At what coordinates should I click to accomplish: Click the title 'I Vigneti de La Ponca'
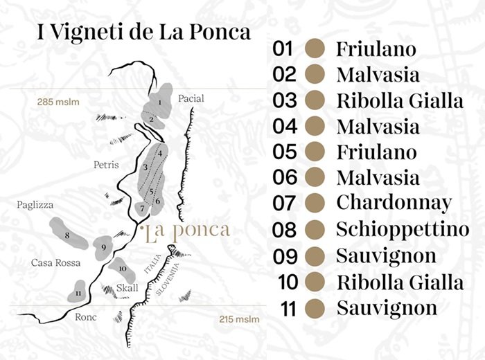point(134,34)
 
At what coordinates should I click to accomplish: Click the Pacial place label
point(191,98)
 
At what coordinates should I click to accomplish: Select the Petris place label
point(106,165)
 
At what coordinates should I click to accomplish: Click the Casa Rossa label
point(55,262)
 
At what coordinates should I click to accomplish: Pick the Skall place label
point(127,287)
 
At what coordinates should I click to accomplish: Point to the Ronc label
point(85,317)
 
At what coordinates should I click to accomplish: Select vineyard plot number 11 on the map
point(79,292)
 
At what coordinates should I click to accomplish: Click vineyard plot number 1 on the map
point(159,102)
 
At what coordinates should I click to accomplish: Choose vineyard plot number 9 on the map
point(103,246)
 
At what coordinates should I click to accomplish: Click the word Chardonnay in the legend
point(394,203)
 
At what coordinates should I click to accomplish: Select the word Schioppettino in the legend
point(403,229)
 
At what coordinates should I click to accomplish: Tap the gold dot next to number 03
point(315,100)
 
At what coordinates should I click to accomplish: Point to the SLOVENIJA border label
point(173,280)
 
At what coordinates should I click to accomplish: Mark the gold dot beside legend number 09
point(315,255)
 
